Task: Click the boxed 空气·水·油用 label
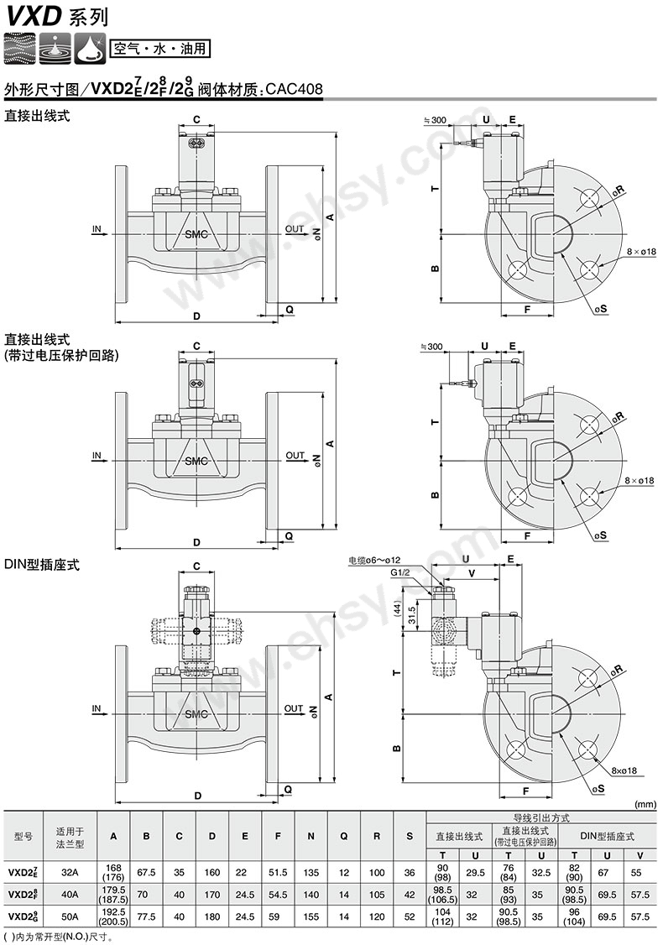[159, 49]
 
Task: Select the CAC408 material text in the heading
[294, 89]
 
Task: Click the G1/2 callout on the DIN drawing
[400, 572]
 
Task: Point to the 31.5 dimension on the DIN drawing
[412, 616]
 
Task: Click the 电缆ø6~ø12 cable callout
[374, 561]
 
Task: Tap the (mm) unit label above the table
[645, 805]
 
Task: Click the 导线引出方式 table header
[541, 817]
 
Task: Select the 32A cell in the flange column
[70, 872]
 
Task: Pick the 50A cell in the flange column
[70, 916]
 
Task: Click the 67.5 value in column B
[147, 872]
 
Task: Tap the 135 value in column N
[311, 872]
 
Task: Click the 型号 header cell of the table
[23, 837]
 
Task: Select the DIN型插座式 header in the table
[607, 836]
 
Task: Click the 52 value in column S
[410, 916]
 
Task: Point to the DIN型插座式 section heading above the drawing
[42, 565]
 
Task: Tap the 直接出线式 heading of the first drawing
[38, 116]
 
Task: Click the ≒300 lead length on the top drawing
[435, 120]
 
